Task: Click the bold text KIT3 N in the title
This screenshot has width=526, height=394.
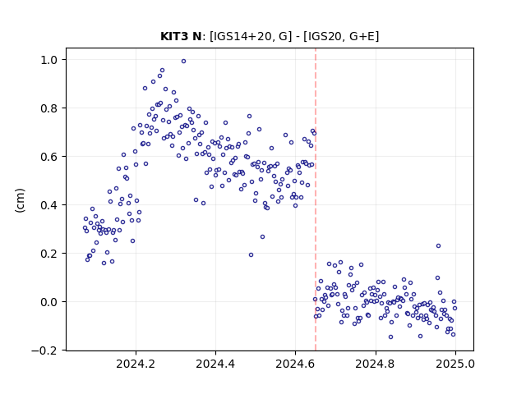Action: pyautogui.click(x=181, y=36)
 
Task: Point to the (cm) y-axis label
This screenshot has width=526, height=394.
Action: pyautogui.click(x=20, y=200)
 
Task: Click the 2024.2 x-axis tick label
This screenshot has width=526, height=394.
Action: pyautogui.click(x=136, y=364)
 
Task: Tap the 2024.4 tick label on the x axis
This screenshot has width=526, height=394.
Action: pyautogui.click(x=215, y=364)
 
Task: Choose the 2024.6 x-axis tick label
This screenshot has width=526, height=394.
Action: pyautogui.click(x=295, y=364)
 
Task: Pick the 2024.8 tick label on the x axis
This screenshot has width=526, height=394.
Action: pyautogui.click(x=376, y=364)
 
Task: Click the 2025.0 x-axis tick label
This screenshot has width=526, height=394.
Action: pyautogui.click(x=455, y=364)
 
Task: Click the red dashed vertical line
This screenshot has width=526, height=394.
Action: pyautogui.click(x=316, y=199)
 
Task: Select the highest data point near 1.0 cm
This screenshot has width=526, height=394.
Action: pyautogui.click(x=183, y=62)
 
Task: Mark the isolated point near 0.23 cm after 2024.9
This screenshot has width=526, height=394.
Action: pyautogui.click(x=438, y=246)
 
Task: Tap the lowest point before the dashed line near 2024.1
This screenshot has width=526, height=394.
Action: pyautogui.click(x=104, y=263)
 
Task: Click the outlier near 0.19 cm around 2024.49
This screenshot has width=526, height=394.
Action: pyautogui.click(x=251, y=255)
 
